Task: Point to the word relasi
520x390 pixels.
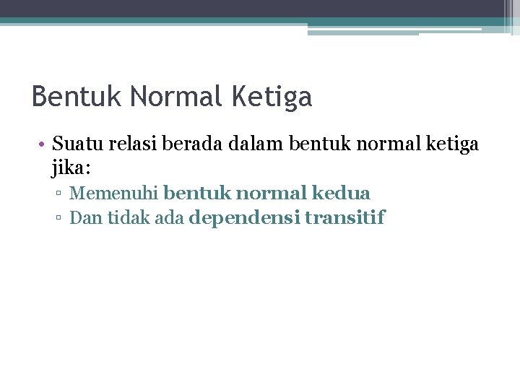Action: coord(134,144)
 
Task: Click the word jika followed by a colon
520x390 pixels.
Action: coord(71,169)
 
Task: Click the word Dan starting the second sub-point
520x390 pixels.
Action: coord(86,218)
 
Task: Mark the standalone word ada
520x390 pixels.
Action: coord(170,218)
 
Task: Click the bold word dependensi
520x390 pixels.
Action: coord(244,218)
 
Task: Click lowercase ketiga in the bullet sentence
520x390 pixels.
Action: coord(453,144)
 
